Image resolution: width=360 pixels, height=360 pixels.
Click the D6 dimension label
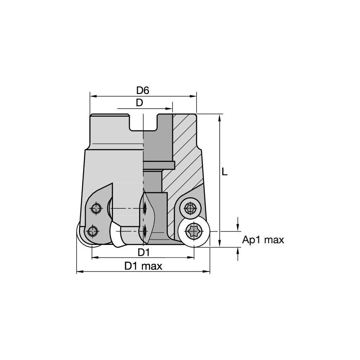pos(143,90)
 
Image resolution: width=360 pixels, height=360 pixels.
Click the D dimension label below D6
pos(139,102)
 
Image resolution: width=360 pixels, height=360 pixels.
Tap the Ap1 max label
pos(263,240)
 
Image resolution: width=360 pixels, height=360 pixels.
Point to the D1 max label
pos(143,266)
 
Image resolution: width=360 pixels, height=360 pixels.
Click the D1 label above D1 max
pos(144,252)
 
